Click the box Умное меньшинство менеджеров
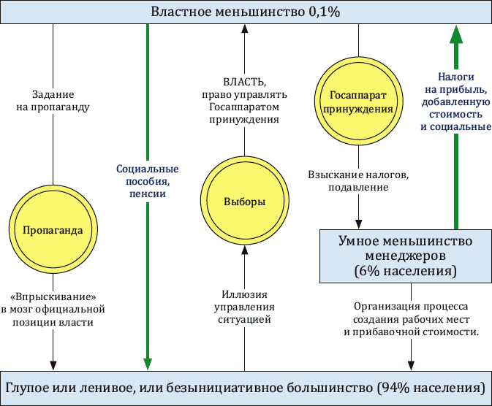pos(406,256)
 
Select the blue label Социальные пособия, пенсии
pos(148,181)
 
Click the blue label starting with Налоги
pos(455,102)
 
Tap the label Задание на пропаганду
pos(53,101)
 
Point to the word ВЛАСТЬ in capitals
pos(244,82)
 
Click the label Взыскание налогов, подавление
pos(358,181)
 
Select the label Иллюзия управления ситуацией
pos(244,307)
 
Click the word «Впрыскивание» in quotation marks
pos(53,296)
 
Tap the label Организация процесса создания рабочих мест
pos(411,313)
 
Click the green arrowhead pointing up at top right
pos(456,34)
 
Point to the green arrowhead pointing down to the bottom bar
pos(148,364)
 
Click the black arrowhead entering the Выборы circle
pos(244,250)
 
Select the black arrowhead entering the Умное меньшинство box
pos(358,224)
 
